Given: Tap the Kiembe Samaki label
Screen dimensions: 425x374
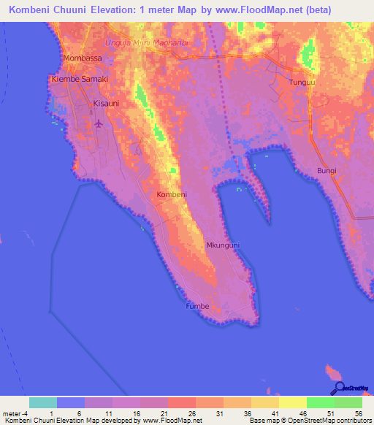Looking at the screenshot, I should [80, 79].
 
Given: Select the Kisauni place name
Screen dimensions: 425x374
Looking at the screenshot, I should [105, 104].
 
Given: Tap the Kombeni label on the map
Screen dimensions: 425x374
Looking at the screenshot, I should [172, 195].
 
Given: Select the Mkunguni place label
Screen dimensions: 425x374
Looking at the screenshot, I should [222, 245].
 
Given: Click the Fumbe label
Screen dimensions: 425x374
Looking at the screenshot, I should [197, 306].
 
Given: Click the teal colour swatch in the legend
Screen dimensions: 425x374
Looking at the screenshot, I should [43, 402].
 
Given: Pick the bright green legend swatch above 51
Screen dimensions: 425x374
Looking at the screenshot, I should [321, 402].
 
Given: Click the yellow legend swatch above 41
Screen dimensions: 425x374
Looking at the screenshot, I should [265, 402].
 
